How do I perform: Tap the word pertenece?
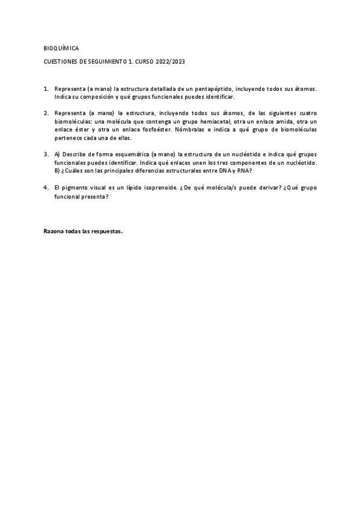click(x=67, y=137)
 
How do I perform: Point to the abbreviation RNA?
click(x=245, y=171)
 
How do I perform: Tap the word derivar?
click(x=253, y=188)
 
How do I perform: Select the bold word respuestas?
click(x=105, y=231)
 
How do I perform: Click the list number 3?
click(x=46, y=154)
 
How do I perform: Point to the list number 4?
click(x=46, y=188)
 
